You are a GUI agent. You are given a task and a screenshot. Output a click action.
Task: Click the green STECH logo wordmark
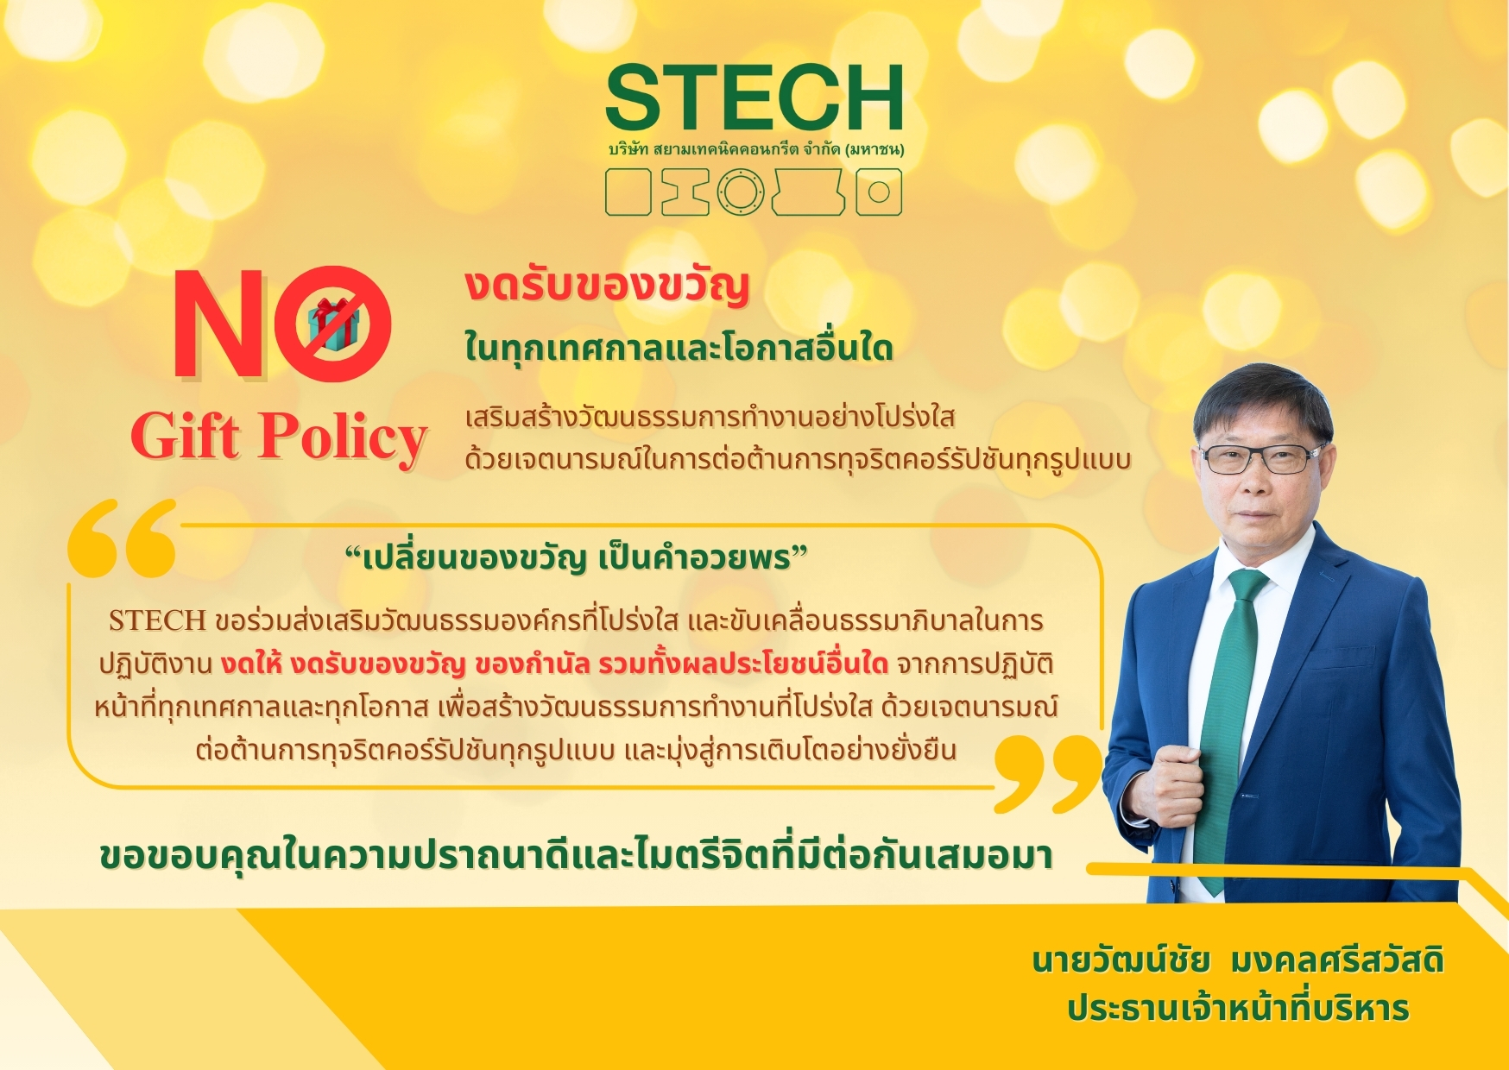[x=754, y=98]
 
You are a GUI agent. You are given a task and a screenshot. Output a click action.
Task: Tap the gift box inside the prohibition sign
[x=333, y=324]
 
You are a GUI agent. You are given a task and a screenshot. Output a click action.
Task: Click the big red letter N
[x=220, y=324]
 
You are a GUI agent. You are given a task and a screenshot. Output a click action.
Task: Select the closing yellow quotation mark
[x=1047, y=772]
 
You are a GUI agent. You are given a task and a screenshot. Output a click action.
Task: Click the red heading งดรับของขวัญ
[x=607, y=287]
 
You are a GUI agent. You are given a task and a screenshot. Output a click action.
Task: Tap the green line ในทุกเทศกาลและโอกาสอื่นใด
[x=679, y=349]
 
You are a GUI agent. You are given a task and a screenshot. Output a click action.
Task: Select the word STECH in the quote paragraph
[x=157, y=620]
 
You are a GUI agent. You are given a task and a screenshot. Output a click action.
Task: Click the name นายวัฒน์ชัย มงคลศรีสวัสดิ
[x=1238, y=960]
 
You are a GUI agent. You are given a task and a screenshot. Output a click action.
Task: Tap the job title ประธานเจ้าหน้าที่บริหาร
[x=1238, y=1008]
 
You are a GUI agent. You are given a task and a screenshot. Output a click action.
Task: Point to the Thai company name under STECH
[x=756, y=149]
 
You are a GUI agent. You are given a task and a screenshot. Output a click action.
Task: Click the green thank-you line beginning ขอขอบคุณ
[x=576, y=857]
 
